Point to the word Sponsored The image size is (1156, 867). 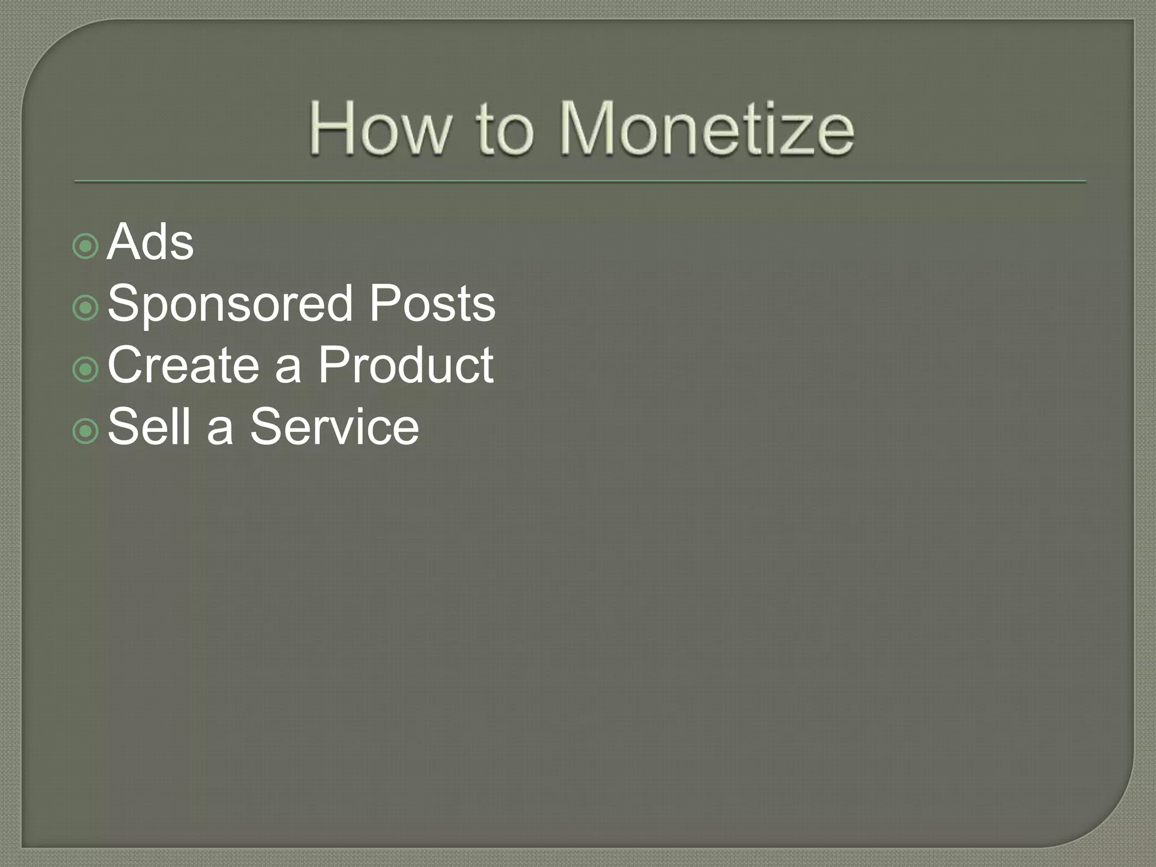(x=230, y=305)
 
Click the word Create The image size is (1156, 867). (x=183, y=365)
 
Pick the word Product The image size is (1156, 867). (x=406, y=365)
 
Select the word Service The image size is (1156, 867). (x=334, y=426)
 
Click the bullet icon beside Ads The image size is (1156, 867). (x=86, y=246)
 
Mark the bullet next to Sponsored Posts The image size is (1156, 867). (x=86, y=308)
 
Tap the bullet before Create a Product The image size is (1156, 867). (x=86, y=369)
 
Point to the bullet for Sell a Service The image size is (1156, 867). (x=86, y=431)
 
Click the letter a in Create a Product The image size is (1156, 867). (x=288, y=370)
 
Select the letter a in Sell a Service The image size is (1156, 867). (x=220, y=431)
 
